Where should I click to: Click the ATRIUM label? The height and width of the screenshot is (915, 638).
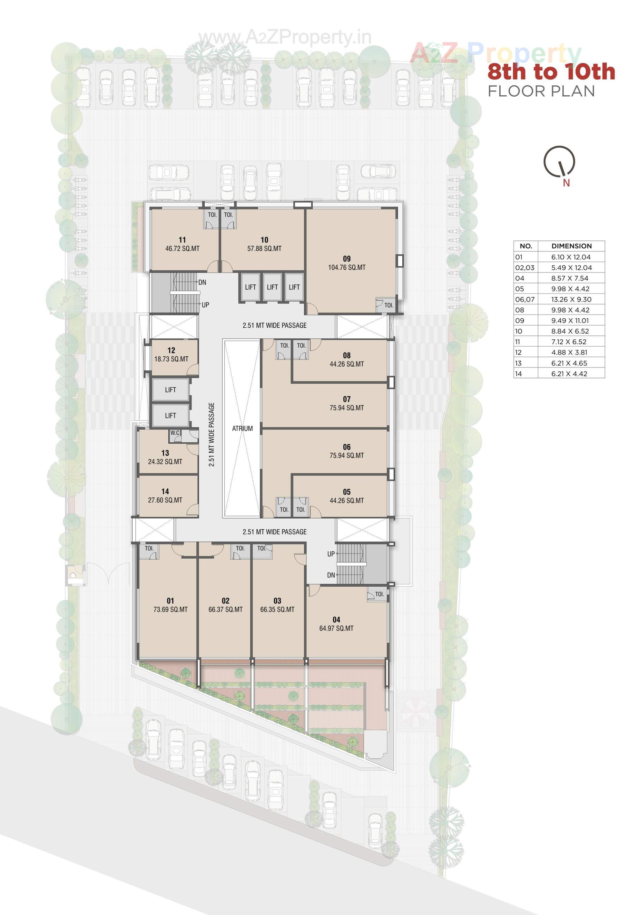[x=242, y=428]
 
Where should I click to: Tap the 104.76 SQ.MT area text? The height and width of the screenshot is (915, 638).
[x=346, y=267]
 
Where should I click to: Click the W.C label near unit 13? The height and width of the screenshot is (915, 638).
[x=175, y=433]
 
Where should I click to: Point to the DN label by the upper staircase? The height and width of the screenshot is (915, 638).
[x=202, y=282]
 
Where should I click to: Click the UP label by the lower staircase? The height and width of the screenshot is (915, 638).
[x=331, y=554]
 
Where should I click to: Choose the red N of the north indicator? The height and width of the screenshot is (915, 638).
[x=566, y=183]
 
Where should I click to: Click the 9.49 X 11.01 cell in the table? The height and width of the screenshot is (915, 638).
[x=571, y=320]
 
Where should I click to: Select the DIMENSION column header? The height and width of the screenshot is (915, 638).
[x=571, y=246]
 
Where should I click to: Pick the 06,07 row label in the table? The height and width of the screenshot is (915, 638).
[x=525, y=299]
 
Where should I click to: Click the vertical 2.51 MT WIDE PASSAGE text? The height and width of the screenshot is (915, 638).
[x=212, y=434]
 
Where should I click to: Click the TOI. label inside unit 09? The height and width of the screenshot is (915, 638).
[x=389, y=305]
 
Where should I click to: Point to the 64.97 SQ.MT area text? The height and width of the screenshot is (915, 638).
[x=336, y=628]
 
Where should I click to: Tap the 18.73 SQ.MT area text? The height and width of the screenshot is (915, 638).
[x=171, y=359]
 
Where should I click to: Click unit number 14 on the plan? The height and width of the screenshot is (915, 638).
[x=165, y=492]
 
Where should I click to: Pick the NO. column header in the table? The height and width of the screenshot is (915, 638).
[x=526, y=246]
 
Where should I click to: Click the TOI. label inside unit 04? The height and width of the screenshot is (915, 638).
[x=380, y=594]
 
